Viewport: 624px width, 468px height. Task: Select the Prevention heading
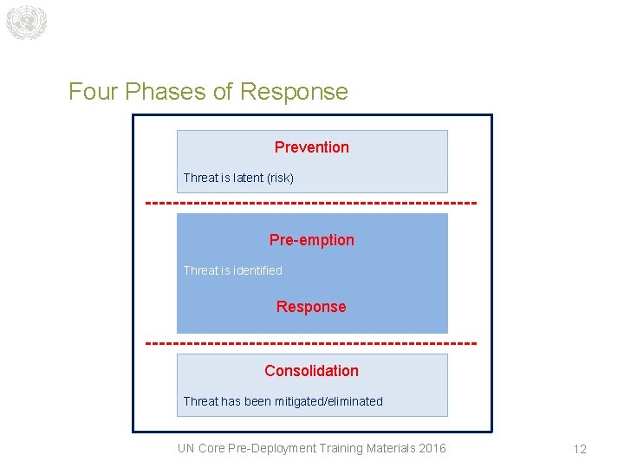coord(312,147)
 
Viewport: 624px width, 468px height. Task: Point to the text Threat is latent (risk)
coord(238,178)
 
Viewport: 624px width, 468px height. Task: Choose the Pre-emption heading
coord(312,240)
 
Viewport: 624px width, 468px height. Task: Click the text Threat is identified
coord(232,270)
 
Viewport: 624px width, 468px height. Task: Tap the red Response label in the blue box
coord(311,307)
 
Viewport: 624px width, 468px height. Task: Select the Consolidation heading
coord(311,371)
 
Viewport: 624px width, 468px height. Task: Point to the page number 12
coord(580,449)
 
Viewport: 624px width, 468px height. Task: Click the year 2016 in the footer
coord(431,448)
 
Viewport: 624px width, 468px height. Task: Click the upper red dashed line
coord(311,204)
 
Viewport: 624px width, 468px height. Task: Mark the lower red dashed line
coord(311,344)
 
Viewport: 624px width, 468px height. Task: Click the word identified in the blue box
coord(257,270)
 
